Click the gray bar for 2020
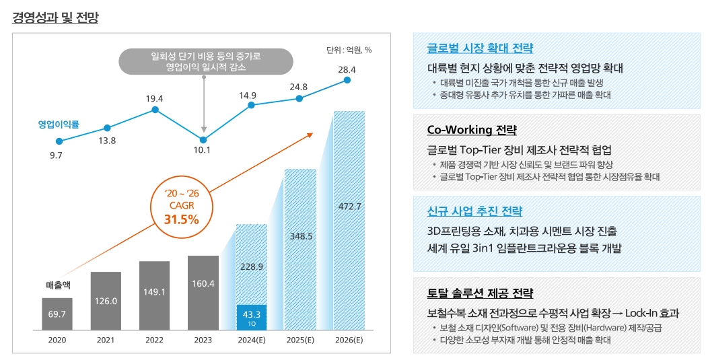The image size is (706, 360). coord(57,314)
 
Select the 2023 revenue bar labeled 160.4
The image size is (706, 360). coord(203,293)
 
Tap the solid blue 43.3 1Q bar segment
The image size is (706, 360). coord(251,317)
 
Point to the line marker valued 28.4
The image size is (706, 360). coord(347,79)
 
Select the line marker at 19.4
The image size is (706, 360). coord(155,110)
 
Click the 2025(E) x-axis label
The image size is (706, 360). coord(300,340)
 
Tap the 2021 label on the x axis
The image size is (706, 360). coord(106,340)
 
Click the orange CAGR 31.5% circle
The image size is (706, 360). coord(182,207)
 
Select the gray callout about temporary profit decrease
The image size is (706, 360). coord(206,61)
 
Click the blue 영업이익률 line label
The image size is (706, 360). coord(59,124)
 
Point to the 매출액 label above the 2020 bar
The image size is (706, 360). coord(57,285)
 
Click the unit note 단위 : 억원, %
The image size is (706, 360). coord(349,50)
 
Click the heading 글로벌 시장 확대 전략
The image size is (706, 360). coord(480,48)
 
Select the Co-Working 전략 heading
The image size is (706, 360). coord(472,130)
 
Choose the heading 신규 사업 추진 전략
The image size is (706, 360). coord(474,211)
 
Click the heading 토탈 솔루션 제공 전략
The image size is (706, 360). coord(480,293)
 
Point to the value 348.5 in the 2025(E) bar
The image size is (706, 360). coord(301,236)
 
